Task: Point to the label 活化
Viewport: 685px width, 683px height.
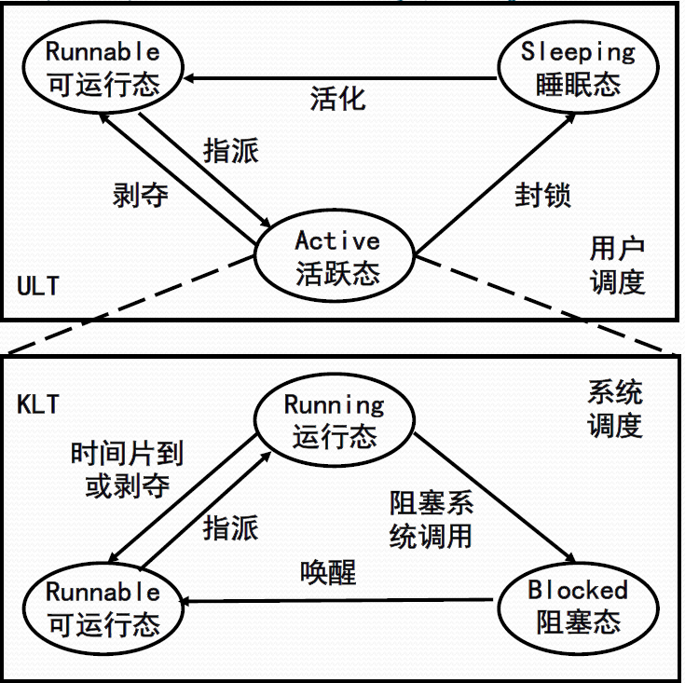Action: pyautogui.click(x=337, y=99)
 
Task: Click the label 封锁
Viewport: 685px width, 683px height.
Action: pyautogui.click(x=542, y=195)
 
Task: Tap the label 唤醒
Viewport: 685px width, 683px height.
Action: pyautogui.click(x=328, y=572)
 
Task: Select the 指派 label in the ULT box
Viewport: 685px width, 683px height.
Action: pyautogui.click(x=231, y=151)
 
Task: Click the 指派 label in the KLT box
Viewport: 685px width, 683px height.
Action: pyautogui.click(x=231, y=527)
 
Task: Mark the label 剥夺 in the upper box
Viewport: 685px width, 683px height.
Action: pyautogui.click(x=140, y=195)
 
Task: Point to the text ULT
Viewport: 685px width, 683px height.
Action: pyautogui.click(x=38, y=286)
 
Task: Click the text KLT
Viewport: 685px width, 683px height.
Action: pyautogui.click(x=38, y=404)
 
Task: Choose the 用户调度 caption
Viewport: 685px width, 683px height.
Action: pyautogui.click(x=617, y=265)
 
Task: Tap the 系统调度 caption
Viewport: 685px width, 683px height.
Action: pyautogui.click(x=615, y=409)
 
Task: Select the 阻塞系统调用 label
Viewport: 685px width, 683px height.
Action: pyautogui.click(x=432, y=520)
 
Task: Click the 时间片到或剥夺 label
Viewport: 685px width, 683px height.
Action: pyautogui.click(x=127, y=470)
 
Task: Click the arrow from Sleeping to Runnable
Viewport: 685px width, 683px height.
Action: pyautogui.click(x=340, y=78)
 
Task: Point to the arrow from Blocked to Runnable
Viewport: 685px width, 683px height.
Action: pyautogui.click(x=336, y=601)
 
